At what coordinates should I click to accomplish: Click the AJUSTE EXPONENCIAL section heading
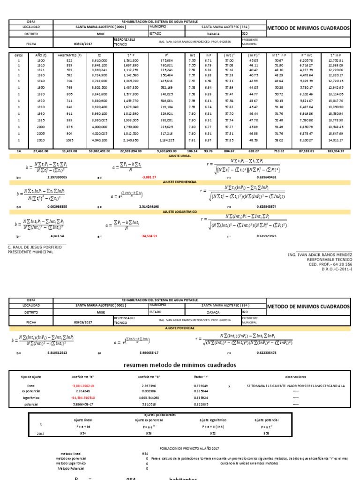pyautogui.click(x=180, y=181)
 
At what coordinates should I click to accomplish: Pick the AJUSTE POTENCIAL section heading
pyautogui.click(x=180, y=328)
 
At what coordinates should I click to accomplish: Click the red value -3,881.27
pyautogui.click(x=149, y=178)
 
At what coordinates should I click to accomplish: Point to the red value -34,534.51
pyautogui.click(x=149, y=236)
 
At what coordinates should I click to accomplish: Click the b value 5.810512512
pyautogui.click(x=61, y=352)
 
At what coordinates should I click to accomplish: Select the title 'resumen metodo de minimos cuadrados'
pyautogui.click(x=180, y=365)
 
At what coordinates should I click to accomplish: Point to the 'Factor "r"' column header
pyautogui.click(x=201, y=376)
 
